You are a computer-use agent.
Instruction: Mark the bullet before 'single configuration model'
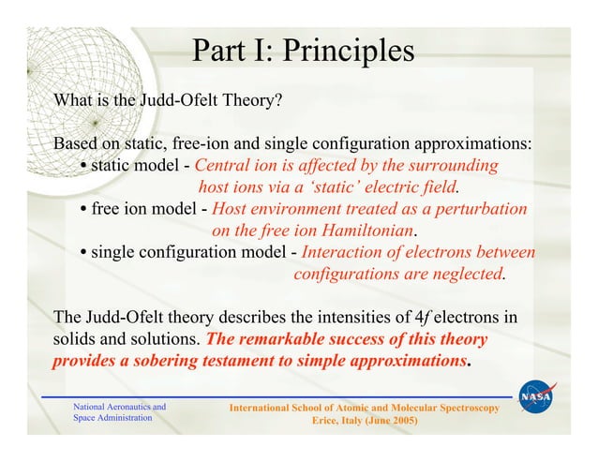(x=84, y=253)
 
